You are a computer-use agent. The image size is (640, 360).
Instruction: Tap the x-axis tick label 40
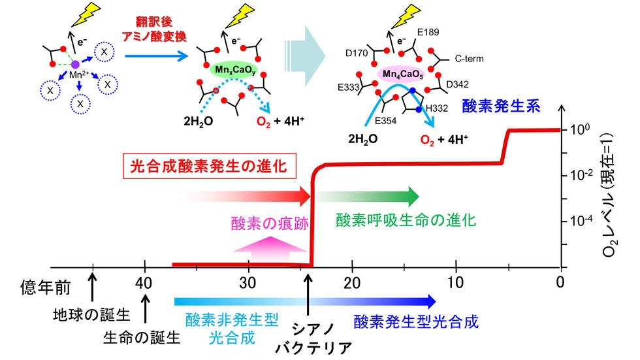pyautogui.click(x=144, y=283)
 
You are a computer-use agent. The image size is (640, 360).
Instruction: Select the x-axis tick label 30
pyautogui.click(x=248, y=283)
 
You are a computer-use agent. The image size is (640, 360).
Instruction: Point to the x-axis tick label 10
pyautogui.click(x=456, y=283)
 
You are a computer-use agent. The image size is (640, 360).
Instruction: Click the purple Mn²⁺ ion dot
pyautogui.click(x=76, y=64)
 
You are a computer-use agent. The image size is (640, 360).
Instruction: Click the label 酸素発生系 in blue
pyautogui.click(x=501, y=106)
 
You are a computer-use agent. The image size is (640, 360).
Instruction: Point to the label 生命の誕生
pyautogui.click(x=141, y=337)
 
